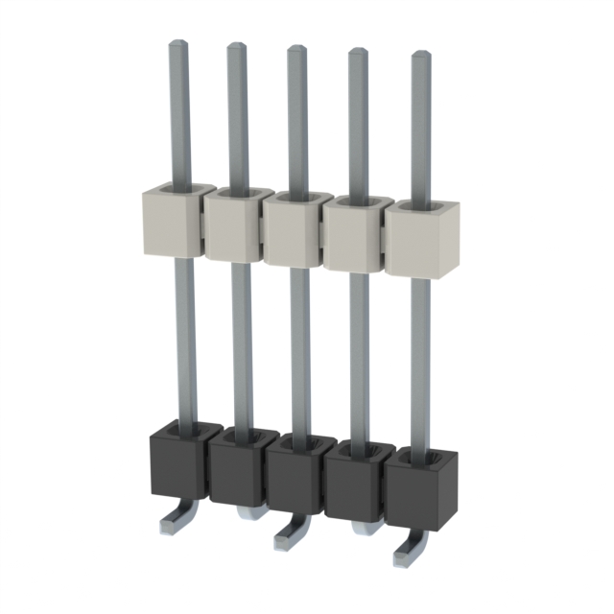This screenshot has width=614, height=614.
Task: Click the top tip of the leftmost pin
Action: [177, 44]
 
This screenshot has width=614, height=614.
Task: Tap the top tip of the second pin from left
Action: [236, 47]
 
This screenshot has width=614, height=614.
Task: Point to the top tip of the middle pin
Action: [296, 50]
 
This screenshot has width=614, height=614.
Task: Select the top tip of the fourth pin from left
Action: [357, 53]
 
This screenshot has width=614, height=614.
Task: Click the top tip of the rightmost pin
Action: [420, 57]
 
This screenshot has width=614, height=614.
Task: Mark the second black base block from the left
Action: [236, 470]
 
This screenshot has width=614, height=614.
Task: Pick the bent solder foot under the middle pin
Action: [291, 536]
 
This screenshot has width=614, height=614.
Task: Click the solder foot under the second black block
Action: [248, 512]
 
